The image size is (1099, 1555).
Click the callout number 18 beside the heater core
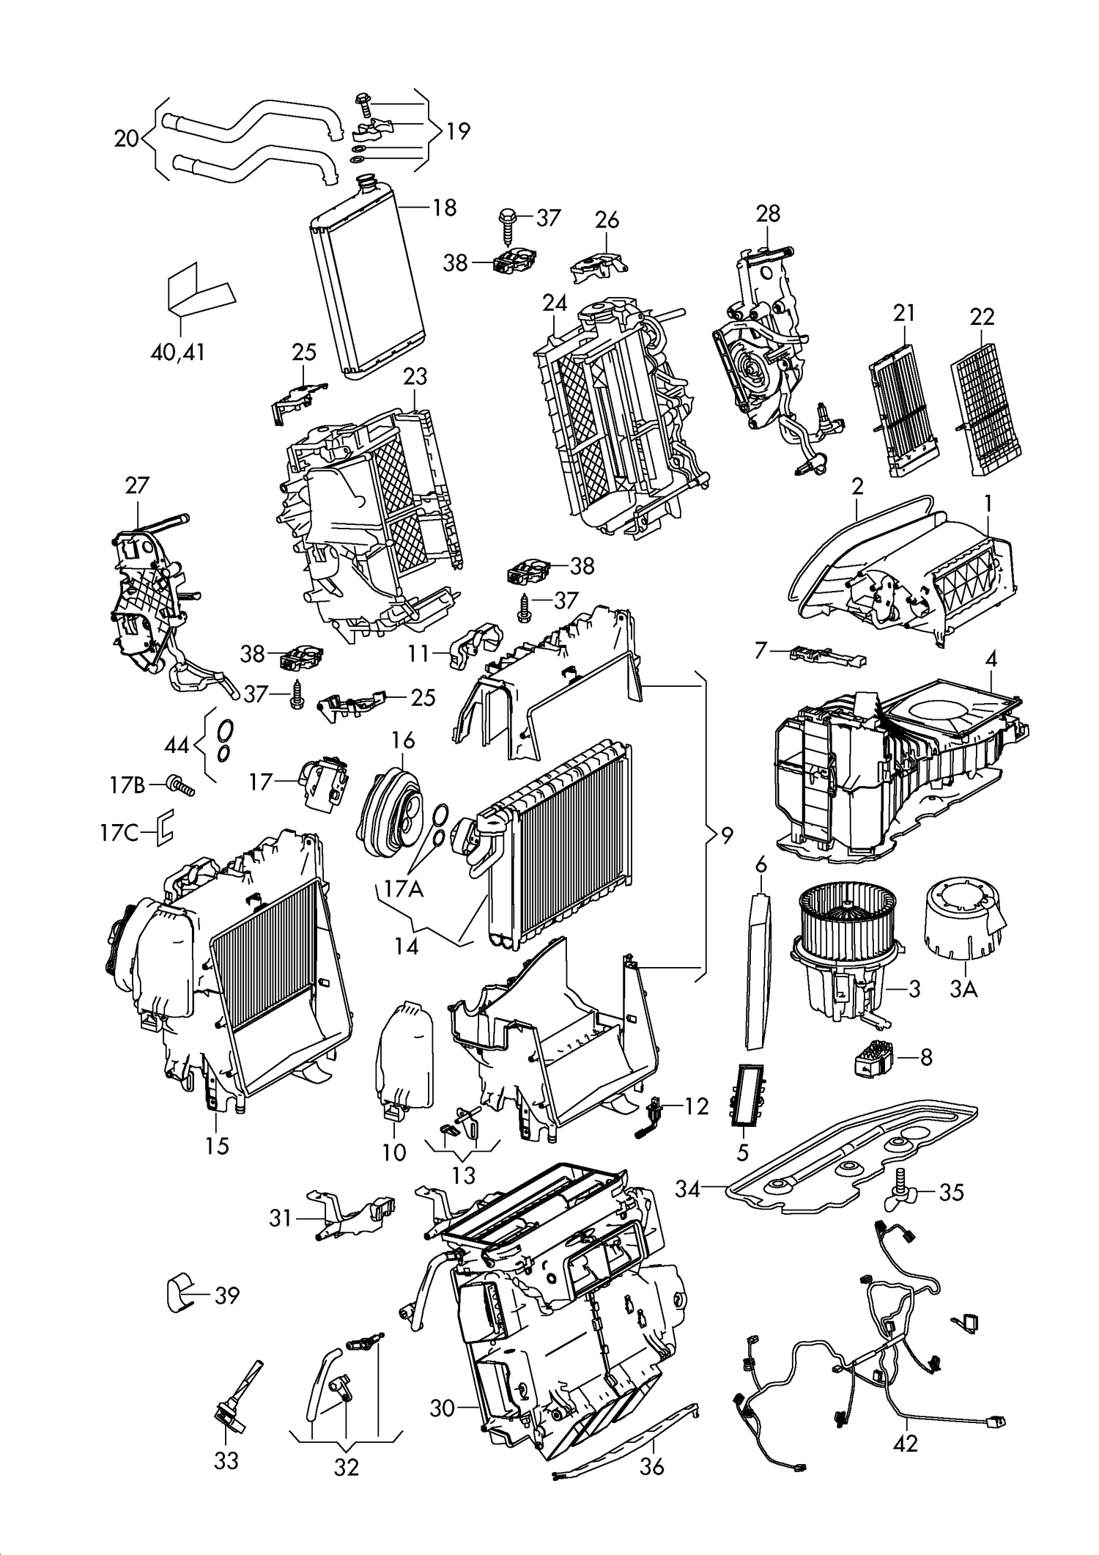[444, 207]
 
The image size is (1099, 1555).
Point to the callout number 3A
[963, 990]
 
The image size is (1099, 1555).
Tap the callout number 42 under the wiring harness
[906, 1444]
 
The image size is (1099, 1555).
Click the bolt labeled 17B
[177, 786]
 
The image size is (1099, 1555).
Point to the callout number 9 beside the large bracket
[726, 835]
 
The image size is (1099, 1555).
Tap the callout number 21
[904, 313]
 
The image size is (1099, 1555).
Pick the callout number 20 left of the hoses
[127, 138]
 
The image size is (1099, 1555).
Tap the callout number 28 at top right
[768, 213]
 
